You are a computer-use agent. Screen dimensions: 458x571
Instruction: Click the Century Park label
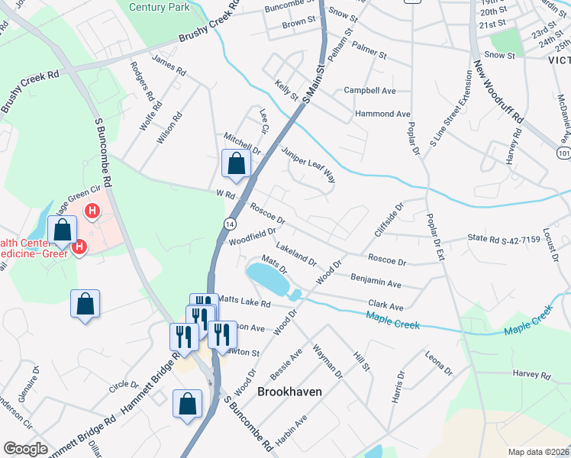158,7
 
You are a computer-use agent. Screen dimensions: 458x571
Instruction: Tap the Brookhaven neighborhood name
289,391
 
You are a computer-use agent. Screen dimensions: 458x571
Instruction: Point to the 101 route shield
563,153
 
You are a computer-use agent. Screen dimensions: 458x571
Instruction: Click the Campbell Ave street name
369,90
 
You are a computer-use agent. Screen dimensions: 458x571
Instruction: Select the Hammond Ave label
382,114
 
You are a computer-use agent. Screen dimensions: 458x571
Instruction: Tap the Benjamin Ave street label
376,281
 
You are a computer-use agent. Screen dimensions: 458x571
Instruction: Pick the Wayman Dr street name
328,362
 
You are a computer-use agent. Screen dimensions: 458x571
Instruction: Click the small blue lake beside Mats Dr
267,279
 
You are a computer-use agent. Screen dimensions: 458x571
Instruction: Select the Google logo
25,449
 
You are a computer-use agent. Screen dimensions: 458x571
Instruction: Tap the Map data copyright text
539,451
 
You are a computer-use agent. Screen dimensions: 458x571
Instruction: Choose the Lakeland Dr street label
297,255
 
